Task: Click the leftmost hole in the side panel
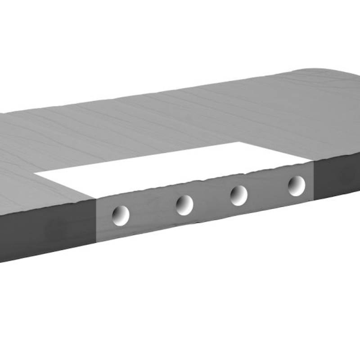pyautogui.click(x=121, y=215)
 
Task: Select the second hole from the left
pyautogui.click(x=184, y=205)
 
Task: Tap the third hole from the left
pyautogui.click(x=238, y=195)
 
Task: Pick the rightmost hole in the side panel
pyautogui.click(x=297, y=185)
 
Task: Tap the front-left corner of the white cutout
pyautogui.click(x=95, y=198)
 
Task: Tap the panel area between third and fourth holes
pyautogui.click(x=268, y=191)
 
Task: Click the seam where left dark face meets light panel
pyautogui.click(x=96, y=220)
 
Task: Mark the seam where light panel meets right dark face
pyautogui.click(x=313, y=180)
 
